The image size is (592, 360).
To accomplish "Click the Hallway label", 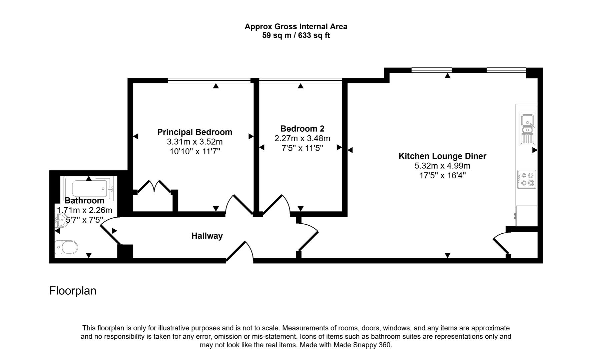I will pyautogui.click(x=207, y=236).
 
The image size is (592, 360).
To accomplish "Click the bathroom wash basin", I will pyautogui.click(x=62, y=220).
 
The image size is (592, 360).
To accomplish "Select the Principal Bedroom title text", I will pyautogui.click(x=194, y=132).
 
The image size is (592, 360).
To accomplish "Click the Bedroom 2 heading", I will pyautogui.click(x=302, y=129).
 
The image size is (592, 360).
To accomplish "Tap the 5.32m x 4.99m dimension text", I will pyautogui.click(x=442, y=166).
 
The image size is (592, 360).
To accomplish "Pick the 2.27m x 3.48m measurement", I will pyautogui.click(x=302, y=138).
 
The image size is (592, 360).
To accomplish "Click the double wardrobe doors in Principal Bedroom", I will pyautogui.click(x=154, y=187).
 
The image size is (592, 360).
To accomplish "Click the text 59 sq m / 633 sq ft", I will pyautogui.click(x=296, y=35).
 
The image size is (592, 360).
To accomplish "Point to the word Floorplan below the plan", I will pyautogui.click(x=73, y=291).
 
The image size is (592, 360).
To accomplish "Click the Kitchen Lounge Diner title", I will pyautogui.click(x=442, y=156).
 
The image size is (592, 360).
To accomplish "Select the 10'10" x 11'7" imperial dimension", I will pyautogui.click(x=194, y=152).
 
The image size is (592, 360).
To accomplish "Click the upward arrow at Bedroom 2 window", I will pyautogui.click(x=301, y=86).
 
